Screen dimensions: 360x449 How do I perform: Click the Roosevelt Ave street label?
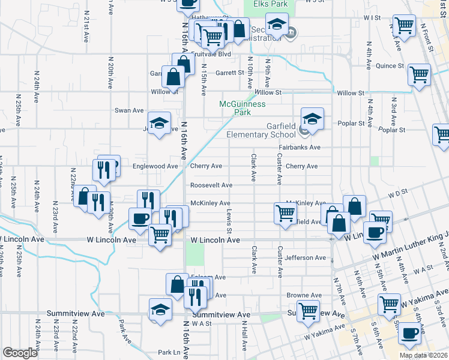[x=211, y=185]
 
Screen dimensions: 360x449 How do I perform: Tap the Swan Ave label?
[x=129, y=110]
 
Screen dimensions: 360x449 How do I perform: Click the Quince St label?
[x=390, y=66]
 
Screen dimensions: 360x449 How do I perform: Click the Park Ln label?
[x=169, y=352]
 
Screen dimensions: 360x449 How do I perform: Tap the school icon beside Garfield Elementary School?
[x=312, y=119]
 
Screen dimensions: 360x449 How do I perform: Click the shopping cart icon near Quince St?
[x=419, y=75]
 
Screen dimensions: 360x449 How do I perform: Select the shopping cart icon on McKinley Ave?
[x=285, y=212]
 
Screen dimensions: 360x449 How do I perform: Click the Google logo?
[x=20, y=353]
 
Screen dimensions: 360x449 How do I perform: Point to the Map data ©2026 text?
[x=423, y=355]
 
